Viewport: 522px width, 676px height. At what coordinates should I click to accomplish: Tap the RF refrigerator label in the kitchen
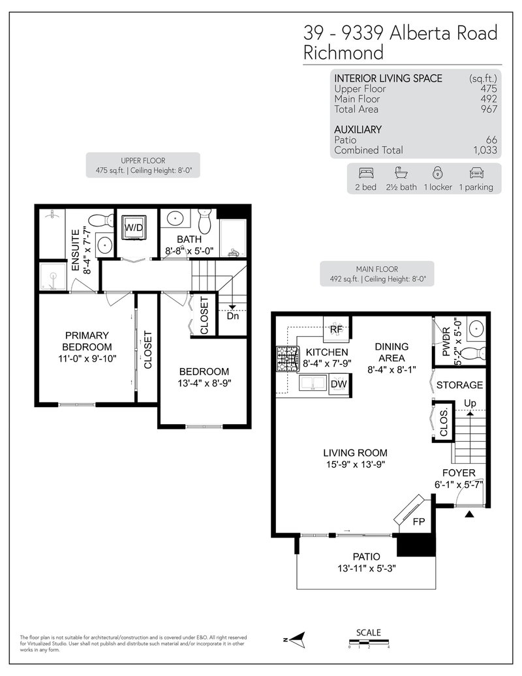tap(337, 330)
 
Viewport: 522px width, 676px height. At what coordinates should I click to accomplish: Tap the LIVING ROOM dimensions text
tap(356, 465)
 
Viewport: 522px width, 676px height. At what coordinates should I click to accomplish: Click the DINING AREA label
tap(391, 352)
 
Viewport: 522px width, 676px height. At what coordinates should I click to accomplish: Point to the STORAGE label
tap(460, 385)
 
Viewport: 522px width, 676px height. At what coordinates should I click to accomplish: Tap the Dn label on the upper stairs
tap(233, 316)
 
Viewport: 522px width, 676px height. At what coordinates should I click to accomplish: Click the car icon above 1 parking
tap(475, 174)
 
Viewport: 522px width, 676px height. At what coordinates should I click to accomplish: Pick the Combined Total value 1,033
tap(485, 150)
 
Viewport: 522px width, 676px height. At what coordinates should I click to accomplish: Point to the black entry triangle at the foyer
tap(468, 515)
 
